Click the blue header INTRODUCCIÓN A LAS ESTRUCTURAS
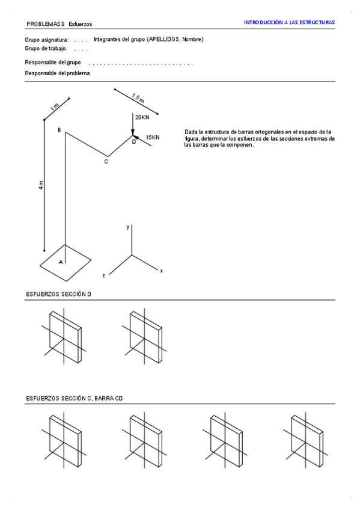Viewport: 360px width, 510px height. [x=289, y=22]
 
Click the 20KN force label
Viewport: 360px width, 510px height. [x=142, y=117]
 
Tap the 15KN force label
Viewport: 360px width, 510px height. [x=153, y=137]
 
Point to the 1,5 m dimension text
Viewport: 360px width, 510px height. [x=138, y=98]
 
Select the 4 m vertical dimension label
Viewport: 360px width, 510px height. [x=41, y=185]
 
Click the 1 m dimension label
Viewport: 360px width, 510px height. [x=55, y=106]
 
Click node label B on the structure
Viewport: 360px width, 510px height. [x=59, y=130]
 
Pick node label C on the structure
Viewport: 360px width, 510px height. [x=106, y=162]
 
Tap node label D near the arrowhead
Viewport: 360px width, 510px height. [x=134, y=142]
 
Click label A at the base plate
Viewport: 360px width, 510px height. [x=61, y=262]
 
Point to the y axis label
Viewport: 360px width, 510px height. [x=128, y=227]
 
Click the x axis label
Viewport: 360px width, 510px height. [x=162, y=271]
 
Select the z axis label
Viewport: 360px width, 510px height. [x=103, y=276]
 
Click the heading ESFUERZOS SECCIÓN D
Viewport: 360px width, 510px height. [x=58, y=294]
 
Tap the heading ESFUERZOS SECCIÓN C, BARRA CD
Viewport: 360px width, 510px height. [x=75, y=398]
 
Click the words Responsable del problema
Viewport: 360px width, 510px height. [x=57, y=73]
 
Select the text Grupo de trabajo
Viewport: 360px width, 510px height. [x=46, y=49]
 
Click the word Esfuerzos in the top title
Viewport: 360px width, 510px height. [x=81, y=24]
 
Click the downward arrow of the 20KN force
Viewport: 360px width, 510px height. [x=133, y=124]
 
